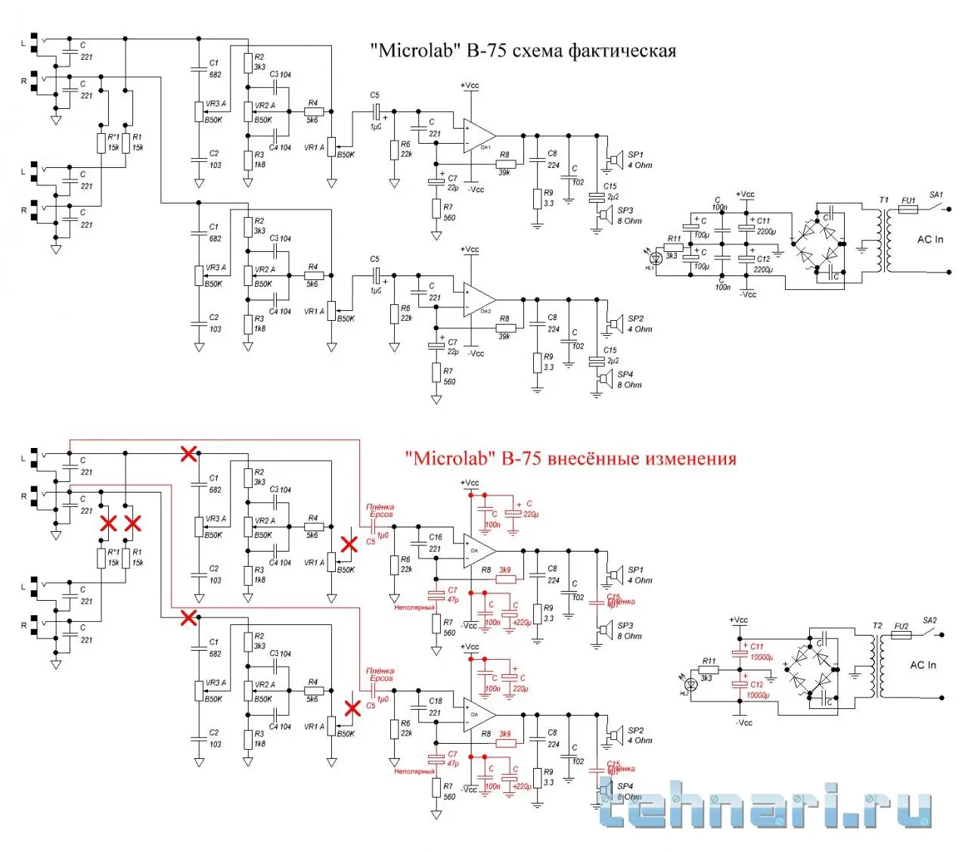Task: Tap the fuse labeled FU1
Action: pos(907,208)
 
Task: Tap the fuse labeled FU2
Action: pos(900,634)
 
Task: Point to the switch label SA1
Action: pos(936,195)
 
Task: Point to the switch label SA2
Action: pos(929,621)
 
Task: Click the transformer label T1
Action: pos(883,200)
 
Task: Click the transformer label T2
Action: pos(876,626)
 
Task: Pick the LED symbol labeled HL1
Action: pos(656,258)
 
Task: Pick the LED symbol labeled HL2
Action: pos(690,683)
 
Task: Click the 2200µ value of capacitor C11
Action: pos(766,232)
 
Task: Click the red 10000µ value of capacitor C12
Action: pos(758,695)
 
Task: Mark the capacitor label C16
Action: pos(436,537)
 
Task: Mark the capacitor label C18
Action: pos(436,701)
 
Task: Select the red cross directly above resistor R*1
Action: pos(109,523)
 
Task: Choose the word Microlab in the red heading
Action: pos(451,459)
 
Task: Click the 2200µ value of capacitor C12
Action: pos(763,270)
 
